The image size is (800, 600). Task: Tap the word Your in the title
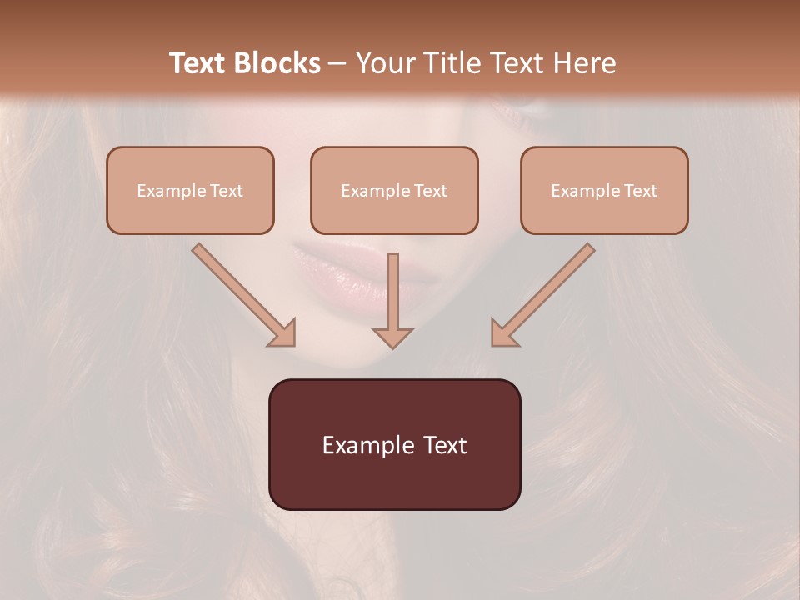pos(385,63)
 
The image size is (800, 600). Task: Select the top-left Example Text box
pos(190,190)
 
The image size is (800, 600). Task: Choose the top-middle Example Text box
pos(394,190)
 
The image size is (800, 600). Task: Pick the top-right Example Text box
pos(604,190)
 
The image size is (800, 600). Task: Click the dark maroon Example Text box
pos(394,444)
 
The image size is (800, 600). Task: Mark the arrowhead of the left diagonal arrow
pos(282,332)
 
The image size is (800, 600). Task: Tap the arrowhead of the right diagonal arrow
pos(504,332)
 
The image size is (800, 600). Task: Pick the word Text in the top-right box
pos(640,191)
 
